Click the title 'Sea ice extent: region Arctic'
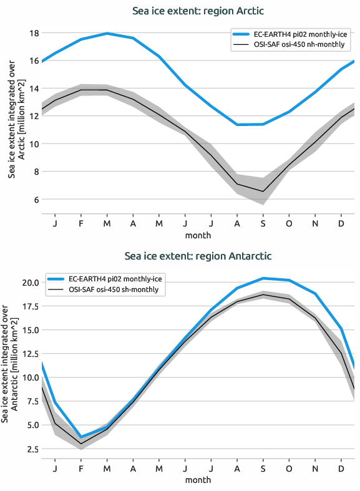[x=198, y=11]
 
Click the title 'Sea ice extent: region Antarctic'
[x=198, y=256]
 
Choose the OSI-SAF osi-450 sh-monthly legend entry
[x=112, y=289]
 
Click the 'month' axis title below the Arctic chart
[x=198, y=235]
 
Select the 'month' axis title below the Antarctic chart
[x=198, y=480]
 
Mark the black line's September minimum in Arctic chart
[x=263, y=191]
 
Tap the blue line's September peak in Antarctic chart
[x=263, y=278]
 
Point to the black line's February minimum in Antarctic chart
[x=81, y=444]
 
